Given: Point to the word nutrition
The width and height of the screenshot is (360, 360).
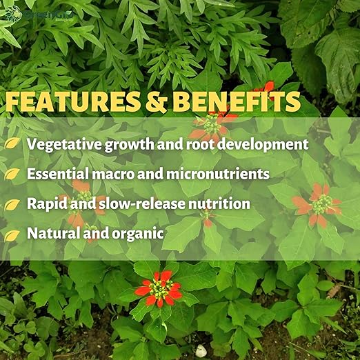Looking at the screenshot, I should click(x=218, y=204).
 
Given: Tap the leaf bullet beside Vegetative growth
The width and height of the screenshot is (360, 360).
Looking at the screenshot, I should click(x=12, y=145).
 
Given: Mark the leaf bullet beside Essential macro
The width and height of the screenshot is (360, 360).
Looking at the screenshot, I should click(x=12, y=174).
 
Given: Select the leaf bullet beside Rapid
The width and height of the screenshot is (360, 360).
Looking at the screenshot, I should click(x=12, y=205).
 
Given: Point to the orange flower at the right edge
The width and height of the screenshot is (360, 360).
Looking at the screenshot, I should click(x=319, y=204).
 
